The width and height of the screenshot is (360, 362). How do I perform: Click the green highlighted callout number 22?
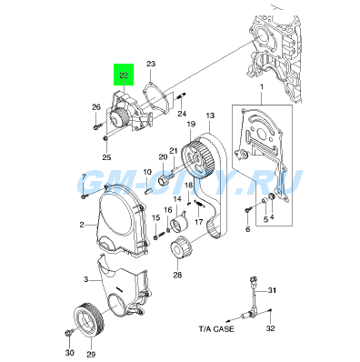point(124,75)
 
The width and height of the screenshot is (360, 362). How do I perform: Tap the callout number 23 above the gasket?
point(151,64)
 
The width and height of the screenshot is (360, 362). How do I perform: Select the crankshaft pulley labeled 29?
point(89,319)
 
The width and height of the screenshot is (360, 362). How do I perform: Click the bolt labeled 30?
point(69,334)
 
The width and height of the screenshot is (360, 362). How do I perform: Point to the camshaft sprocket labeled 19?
point(198,157)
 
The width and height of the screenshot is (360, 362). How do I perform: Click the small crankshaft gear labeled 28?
point(181,248)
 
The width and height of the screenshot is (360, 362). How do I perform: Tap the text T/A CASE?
point(216,328)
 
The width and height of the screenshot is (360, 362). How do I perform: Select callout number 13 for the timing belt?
point(210,116)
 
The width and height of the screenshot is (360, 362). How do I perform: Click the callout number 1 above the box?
point(262,87)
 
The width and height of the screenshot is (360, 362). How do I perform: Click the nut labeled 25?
point(105,138)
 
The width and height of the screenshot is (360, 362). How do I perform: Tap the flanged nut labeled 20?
point(164,180)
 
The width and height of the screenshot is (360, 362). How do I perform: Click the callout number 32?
point(270,328)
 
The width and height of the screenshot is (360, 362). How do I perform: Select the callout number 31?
point(272,290)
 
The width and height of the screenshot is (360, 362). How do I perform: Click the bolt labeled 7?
point(84,196)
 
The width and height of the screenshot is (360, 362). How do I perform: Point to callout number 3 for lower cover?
point(86,279)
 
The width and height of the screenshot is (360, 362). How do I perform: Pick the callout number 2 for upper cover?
point(82,225)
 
